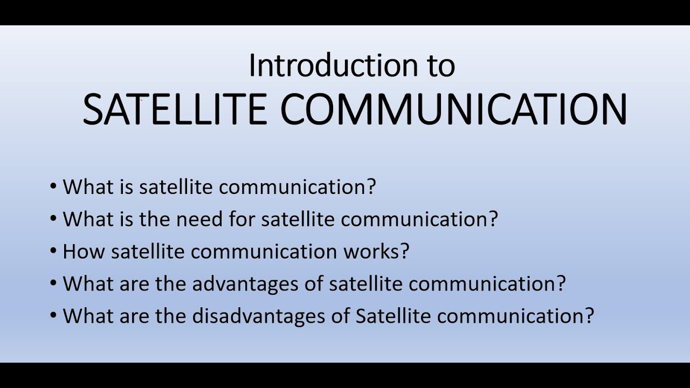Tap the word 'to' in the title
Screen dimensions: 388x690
tap(437, 66)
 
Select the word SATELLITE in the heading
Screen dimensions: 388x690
tap(175, 109)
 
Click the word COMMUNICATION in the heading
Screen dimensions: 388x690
tap(453, 109)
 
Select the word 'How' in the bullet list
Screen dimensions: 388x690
tap(84, 252)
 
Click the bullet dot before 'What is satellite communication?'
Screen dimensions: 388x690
tap(53, 187)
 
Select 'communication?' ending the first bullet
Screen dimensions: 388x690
tap(300, 187)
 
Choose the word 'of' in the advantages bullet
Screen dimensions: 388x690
tap(316, 283)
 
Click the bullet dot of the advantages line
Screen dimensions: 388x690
tap(53, 283)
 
